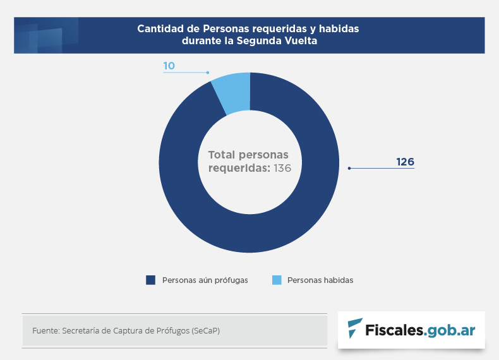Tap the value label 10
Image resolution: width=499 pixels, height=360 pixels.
coord(169,66)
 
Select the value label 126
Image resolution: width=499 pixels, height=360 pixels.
coord(405,162)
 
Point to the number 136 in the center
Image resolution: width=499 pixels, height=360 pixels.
coord(282,168)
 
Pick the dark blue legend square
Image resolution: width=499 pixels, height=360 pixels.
coord(150,280)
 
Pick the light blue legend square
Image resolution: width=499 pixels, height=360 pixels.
coord(276,280)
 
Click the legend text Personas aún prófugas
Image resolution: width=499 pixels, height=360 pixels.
coord(205,280)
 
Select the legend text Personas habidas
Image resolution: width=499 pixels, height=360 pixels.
coord(320,280)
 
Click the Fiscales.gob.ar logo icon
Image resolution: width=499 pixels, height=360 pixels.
coord(355,329)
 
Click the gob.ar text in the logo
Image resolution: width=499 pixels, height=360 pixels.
coord(451,330)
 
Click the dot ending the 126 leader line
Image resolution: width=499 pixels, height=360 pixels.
coord(349,168)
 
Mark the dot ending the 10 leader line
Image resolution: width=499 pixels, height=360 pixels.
coord(207,73)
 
